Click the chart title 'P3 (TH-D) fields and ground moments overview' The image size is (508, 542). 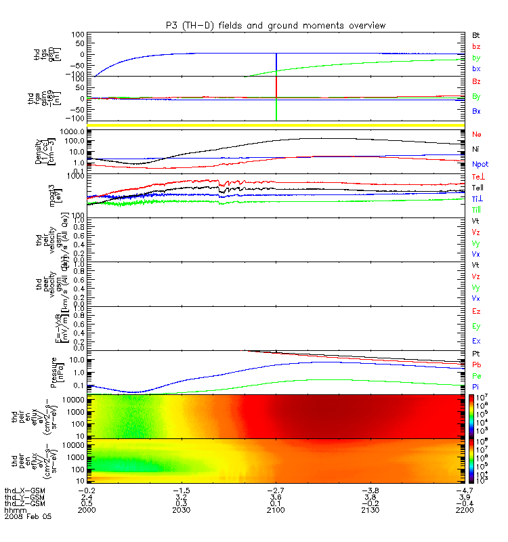coord(276,25)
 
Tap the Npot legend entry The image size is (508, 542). coord(480,164)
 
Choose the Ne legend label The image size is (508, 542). coord(476,134)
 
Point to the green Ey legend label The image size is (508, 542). coord(476,326)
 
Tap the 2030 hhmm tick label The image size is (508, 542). coord(181,509)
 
